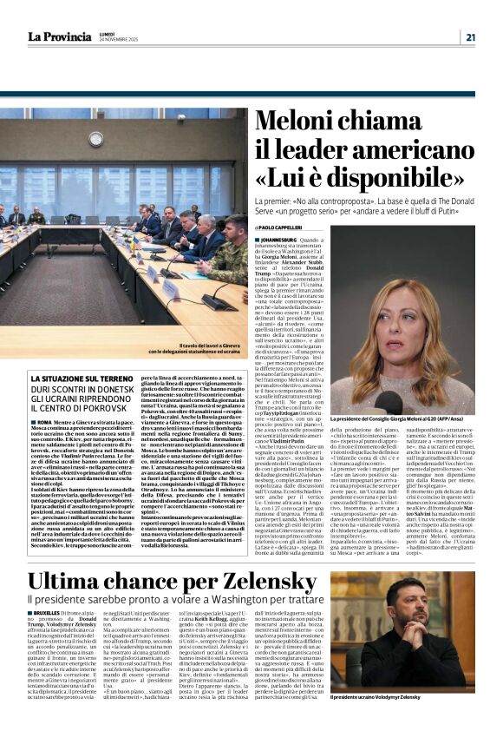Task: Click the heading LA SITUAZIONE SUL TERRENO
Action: click(88, 379)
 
